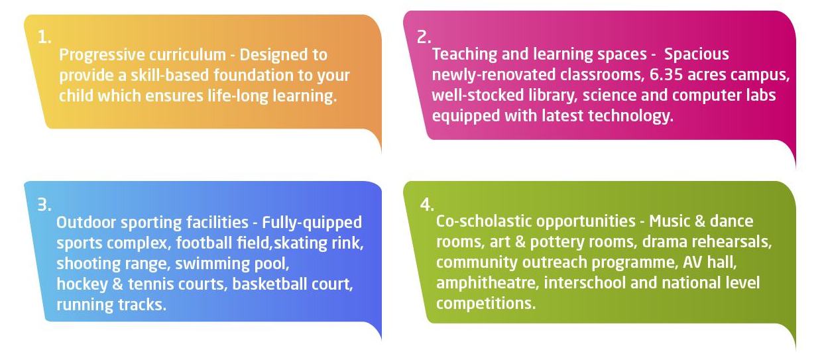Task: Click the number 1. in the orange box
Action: coord(44,37)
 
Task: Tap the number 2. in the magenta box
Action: coord(424,37)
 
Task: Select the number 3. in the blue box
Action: coord(44,205)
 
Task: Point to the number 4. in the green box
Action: coord(427,205)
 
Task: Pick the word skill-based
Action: coord(170,75)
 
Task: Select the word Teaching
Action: coord(464,54)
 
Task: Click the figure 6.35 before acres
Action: coord(666,75)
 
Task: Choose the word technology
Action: coord(631,116)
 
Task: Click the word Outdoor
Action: coord(86,222)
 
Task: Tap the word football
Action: coord(204,243)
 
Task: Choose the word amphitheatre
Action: coord(487,284)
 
